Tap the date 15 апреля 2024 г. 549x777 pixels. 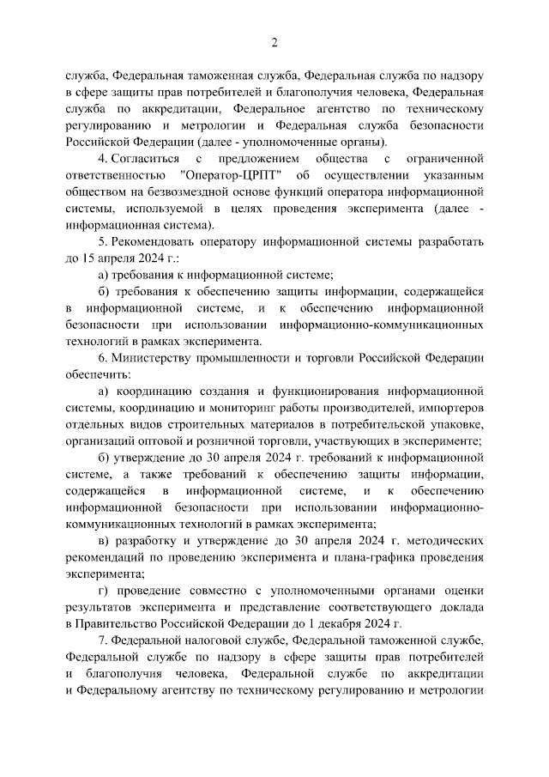click(124, 258)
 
